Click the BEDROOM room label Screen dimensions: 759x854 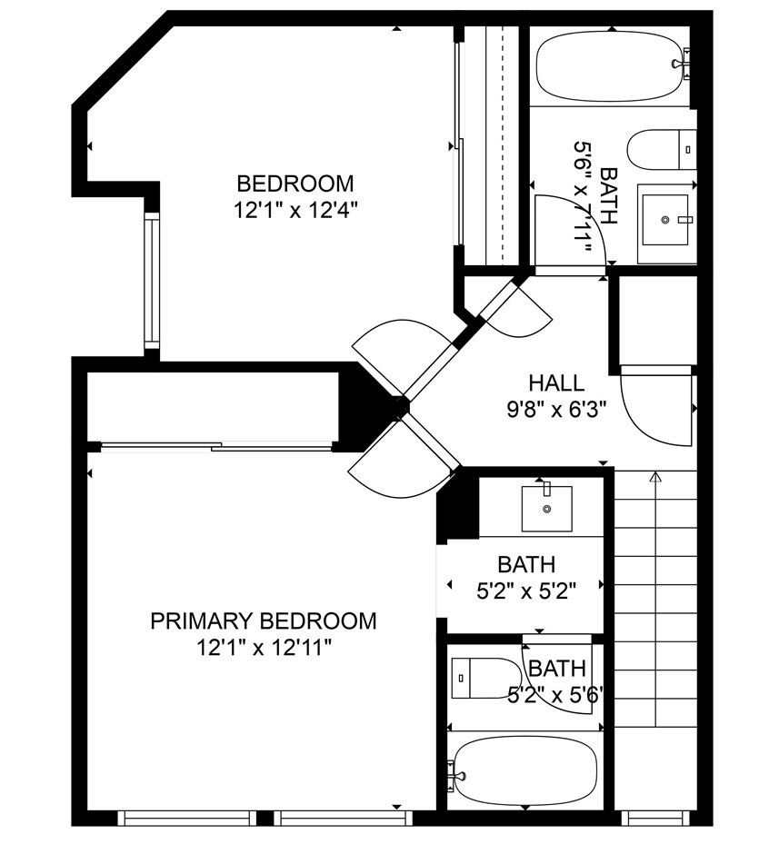click(295, 184)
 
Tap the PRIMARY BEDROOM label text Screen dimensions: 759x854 click(264, 621)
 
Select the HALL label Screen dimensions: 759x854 click(557, 383)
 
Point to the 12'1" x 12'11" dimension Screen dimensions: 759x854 click(265, 648)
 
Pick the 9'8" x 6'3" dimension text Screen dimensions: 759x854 click(557, 409)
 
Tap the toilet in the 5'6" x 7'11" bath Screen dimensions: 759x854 click(662, 150)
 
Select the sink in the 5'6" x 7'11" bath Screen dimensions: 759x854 click(664, 220)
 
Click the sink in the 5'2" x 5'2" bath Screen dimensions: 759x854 click(547, 509)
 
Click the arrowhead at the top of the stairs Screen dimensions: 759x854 click(655, 478)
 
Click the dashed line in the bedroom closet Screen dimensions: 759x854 click(503, 144)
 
